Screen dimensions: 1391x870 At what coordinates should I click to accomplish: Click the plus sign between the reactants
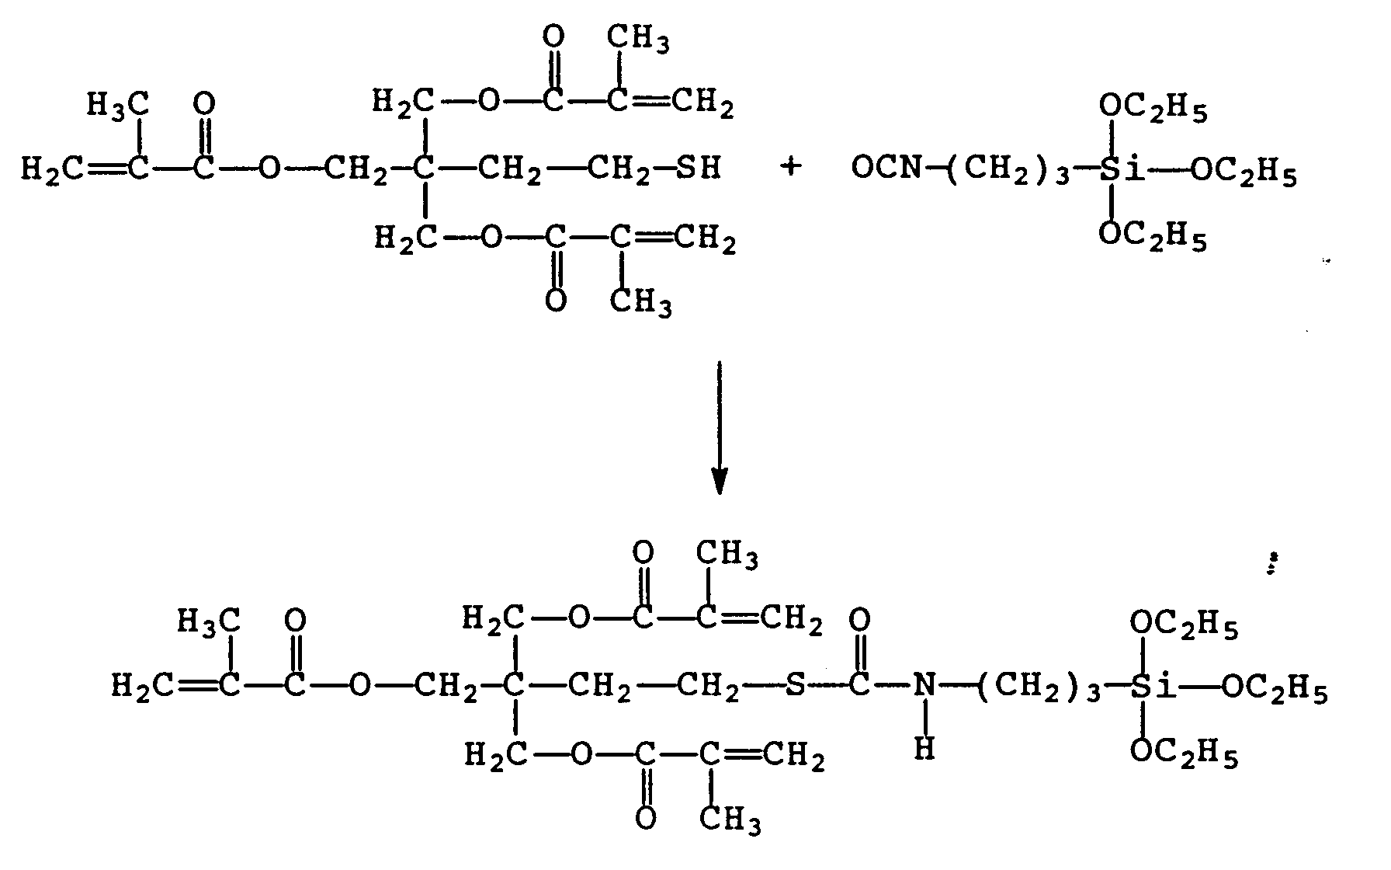tap(790, 167)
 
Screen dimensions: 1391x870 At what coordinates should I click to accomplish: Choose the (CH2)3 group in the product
tap(1039, 689)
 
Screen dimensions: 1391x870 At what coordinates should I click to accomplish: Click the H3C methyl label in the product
tap(208, 621)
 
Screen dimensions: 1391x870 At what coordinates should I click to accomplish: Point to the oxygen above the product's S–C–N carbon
tap(859, 621)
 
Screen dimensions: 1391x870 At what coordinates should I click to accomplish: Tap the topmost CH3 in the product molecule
tap(727, 556)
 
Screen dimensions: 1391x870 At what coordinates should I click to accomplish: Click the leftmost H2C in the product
tap(139, 687)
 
